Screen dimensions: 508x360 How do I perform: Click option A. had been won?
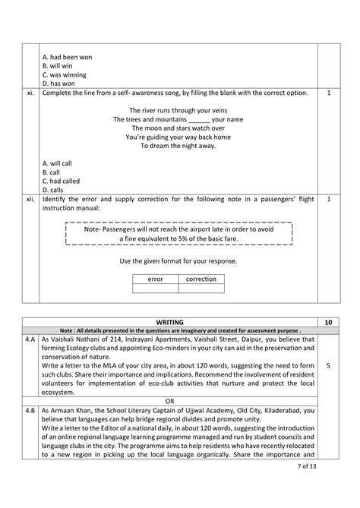pyautogui.click(x=68, y=57)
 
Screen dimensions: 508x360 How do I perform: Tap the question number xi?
pyautogui.click(x=30, y=93)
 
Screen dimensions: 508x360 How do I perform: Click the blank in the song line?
pyautogui.click(x=198, y=120)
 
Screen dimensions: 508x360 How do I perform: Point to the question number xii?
pyautogui.click(x=30, y=199)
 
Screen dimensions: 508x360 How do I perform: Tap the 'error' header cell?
pyautogui.click(x=156, y=279)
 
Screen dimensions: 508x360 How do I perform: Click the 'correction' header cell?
pyautogui.click(x=201, y=279)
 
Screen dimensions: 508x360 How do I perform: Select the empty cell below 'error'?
pyautogui.click(x=156, y=289)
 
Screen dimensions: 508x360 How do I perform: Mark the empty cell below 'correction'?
pyautogui.click(x=201, y=289)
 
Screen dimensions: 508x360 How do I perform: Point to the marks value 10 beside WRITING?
pyautogui.click(x=327, y=323)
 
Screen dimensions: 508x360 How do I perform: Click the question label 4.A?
pyautogui.click(x=31, y=340)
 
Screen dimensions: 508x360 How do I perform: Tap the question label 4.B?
pyautogui.click(x=31, y=411)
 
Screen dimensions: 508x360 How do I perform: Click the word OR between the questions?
pyautogui.click(x=179, y=402)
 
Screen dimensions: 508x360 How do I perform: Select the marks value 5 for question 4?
pyautogui.click(x=327, y=365)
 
